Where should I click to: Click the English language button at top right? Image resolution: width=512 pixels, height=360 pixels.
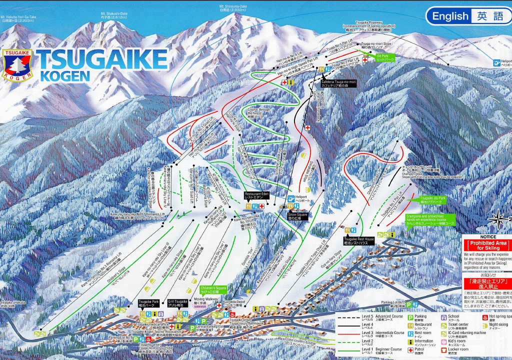coord(450,16)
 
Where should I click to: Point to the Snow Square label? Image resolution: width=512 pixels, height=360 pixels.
coord(297,216)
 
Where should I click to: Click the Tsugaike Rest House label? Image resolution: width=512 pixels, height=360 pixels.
coord(358,240)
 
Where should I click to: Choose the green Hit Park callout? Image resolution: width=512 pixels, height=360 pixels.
coord(385,57)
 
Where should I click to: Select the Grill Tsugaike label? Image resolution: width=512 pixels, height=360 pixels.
coord(177,303)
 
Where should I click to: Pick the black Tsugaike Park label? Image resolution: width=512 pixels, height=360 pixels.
coord(148,303)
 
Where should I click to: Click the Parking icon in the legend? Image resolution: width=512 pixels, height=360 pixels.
coord(409,316)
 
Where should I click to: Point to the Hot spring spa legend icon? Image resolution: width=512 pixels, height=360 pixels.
coord(483,316)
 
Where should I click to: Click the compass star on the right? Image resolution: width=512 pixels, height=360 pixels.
coord(501,217)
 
